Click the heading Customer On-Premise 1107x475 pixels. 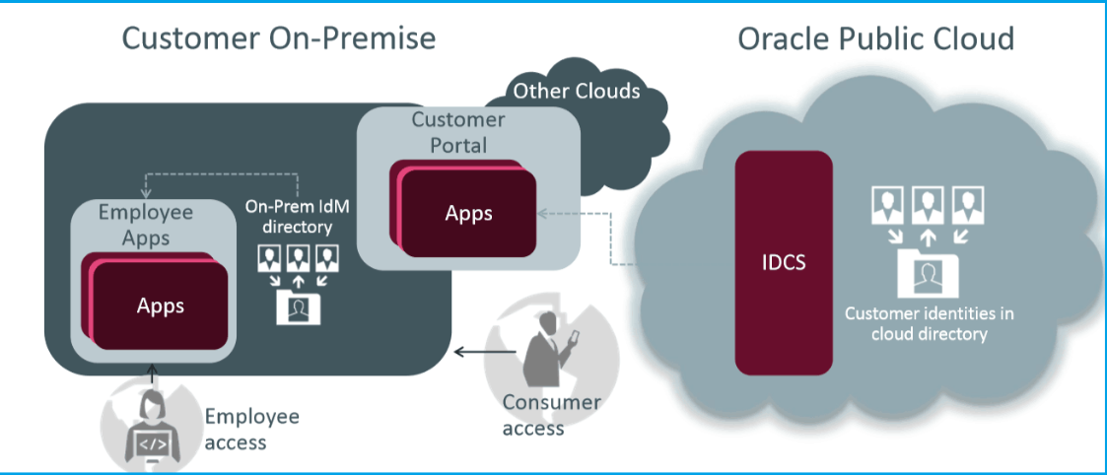point(278,38)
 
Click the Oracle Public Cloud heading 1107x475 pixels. point(876,38)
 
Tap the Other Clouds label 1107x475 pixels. point(577,92)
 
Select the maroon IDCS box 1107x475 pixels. point(785,262)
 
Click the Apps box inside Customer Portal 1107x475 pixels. point(469,214)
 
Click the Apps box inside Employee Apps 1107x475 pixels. point(161,305)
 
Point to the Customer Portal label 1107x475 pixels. point(458,132)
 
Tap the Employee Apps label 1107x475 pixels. point(147,225)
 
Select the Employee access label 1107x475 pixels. point(251,429)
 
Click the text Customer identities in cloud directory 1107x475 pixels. point(929,323)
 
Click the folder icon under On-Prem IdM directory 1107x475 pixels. point(298,306)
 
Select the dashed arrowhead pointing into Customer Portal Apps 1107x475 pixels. point(541,213)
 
